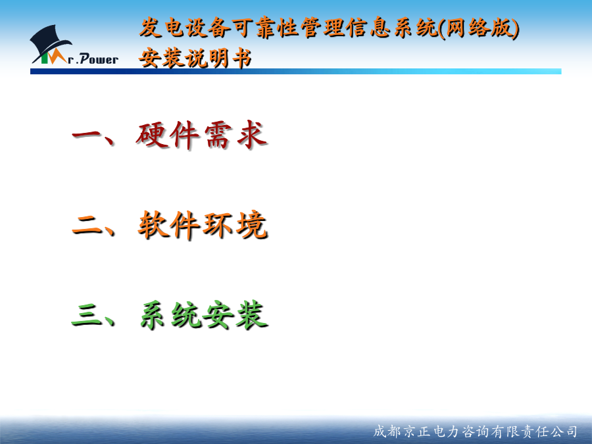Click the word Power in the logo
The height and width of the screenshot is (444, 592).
pyautogui.click(x=99, y=59)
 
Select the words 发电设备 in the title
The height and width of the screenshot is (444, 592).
pyautogui.click(x=184, y=28)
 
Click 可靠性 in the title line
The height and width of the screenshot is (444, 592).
pyautogui.click(x=266, y=28)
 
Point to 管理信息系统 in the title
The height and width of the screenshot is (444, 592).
pyautogui.click(x=369, y=28)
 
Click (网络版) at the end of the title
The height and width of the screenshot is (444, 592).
pyautogui.click(x=479, y=28)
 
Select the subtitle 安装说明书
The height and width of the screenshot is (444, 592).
pyautogui.click(x=195, y=58)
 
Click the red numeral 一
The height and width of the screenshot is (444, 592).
pyautogui.click(x=86, y=135)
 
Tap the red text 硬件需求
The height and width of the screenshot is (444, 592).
pyautogui.click(x=202, y=135)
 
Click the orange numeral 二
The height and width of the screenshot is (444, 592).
pyautogui.click(x=86, y=225)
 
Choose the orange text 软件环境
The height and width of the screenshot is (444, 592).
pyautogui.click(x=203, y=226)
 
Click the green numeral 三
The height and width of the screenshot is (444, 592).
pyautogui.click(x=86, y=315)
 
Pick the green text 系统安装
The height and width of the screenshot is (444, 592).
pyautogui.click(x=204, y=315)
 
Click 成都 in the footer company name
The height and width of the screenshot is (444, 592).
pyautogui.click(x=387, y=431)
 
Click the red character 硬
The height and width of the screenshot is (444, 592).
pyautogui.click(x=151, y=135)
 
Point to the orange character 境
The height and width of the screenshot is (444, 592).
pyautogui.click(x=252, y=226)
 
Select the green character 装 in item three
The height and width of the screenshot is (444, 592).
pyautogui.click(x=252, y=315)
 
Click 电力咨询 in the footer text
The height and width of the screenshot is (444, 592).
pyautogui.click(x=462, y=431)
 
